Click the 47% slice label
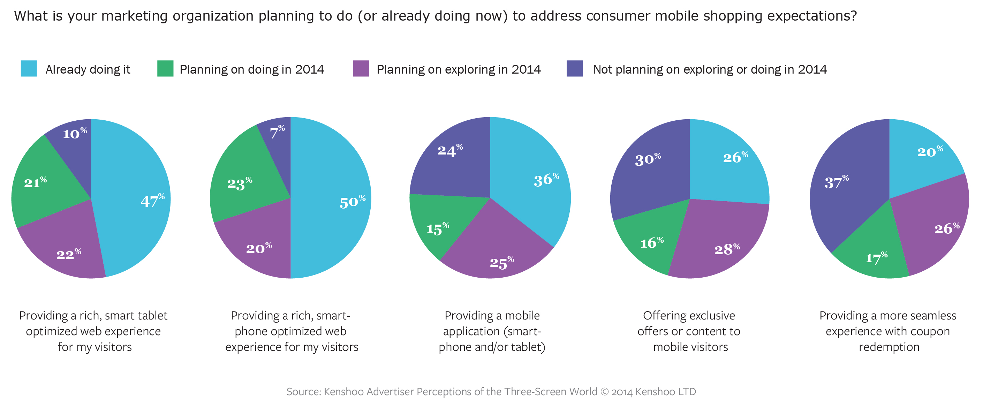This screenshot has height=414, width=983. (152, 200)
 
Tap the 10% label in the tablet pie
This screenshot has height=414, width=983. (75, 133)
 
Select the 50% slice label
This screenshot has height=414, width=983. (352, 202)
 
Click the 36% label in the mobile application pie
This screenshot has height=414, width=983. (546, 180)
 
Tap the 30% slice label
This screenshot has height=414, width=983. (648, 159)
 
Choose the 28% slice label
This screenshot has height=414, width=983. (727, 249)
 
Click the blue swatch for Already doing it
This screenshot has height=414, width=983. (29, 69)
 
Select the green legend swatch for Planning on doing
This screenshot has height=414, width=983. (165, 69)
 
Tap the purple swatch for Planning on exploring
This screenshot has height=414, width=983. (361, 69)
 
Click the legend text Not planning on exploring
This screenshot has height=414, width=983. (709, 69)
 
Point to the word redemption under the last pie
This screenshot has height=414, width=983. (889, 347)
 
